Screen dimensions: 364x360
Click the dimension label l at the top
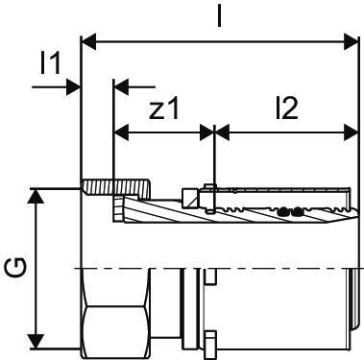click(x=219, y=15)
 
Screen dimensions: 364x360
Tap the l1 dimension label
click(x=51, y=63)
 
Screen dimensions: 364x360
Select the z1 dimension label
click(x=164, y=108)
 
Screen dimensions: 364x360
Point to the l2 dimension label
click(x=287, y=108)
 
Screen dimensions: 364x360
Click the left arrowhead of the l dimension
click(x=89, y=41)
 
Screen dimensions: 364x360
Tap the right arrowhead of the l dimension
click(x=351, y=41)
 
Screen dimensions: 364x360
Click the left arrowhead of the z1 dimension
click(x=122, y=132)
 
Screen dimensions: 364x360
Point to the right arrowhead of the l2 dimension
click(x=351, y=132)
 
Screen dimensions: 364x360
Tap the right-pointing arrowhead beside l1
click(x=73, y=86)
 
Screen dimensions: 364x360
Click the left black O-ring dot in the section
click(x=282, y=211)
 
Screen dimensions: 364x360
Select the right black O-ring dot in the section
click(x=298, y=211)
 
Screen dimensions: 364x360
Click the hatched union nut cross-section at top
click(x=117, y=188)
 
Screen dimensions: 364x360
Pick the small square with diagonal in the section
click(x=189, y=198)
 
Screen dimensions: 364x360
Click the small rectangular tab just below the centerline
click(x=210, y=276)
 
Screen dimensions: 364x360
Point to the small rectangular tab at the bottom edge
click(x=210, y=346)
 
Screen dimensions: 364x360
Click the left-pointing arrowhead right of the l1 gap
click(x=122, y=86)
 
